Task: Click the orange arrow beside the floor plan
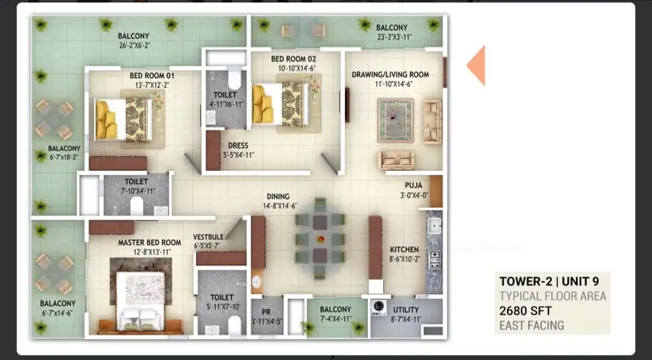click(x=476, y=66)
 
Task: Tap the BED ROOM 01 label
click(x=152, y=75)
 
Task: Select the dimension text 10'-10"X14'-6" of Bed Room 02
click(x=293, y=68)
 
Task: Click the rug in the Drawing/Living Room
click(x=396, y=120)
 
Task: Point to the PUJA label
click(x=414, y=185)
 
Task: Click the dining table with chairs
click(x=319, y=238)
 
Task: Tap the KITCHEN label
click(x=404, y=249)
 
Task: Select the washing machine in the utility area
click(x=379, y=307)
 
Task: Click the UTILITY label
click(x=406, y=310)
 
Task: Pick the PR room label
click(x=266, y=312)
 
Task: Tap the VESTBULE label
click(x=209, y=237)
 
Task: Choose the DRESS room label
click(x=238, y=146)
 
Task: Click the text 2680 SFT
click(x=526, y=311)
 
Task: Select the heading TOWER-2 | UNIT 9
click(x=549, y=282)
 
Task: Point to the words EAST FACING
click(x=532, y=325)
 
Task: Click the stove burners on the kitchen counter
click(x=435, y=260)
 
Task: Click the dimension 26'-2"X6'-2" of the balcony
click(x=134, y=46)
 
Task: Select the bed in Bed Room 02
click(x=281, y=104)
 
